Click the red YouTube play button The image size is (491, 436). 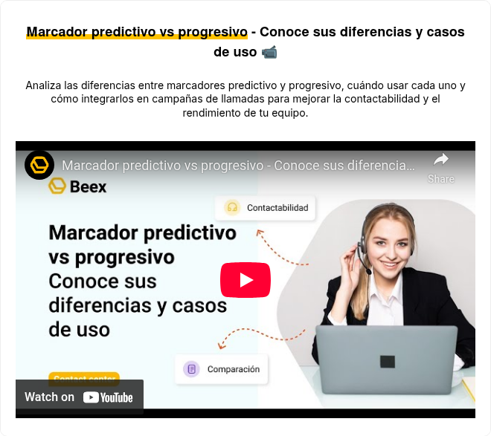click(245, 280)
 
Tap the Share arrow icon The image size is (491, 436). click(441, 159)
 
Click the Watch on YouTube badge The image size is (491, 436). click(80, 397)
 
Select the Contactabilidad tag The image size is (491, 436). click(266, 208)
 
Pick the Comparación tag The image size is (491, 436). click(223, 369)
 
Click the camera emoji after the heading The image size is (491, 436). click(269, 52)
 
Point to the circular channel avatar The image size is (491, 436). click(39, 165)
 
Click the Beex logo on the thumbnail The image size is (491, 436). click(77, 186)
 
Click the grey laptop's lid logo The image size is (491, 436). click(387, 362)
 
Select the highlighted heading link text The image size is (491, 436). click(137, 32)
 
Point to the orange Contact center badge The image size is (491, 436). click(83, 376)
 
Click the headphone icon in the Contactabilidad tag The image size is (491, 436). click(232, 208)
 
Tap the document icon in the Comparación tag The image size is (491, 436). click(191, 369)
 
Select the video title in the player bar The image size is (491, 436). click(238, 165)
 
